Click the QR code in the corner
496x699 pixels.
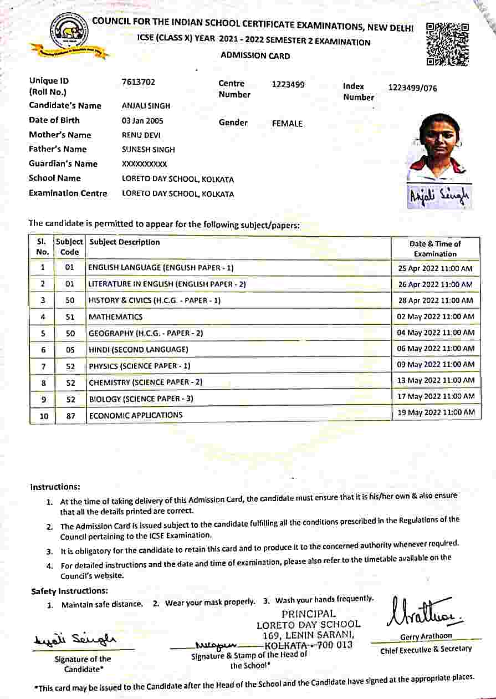click(447, 44)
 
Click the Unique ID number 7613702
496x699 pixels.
click(139, 83)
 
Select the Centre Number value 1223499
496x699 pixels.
click(288, 85)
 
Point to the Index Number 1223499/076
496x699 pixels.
click(412, 88)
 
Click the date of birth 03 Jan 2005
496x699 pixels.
click(142, 120)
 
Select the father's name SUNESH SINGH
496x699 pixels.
click(148, 149)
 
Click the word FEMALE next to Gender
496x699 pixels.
click(287, 124)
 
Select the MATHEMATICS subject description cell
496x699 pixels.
click(115, 317)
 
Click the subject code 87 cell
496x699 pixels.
click(70, 415)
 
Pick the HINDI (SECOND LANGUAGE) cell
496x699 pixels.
click(139, 350)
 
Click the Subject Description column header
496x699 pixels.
click(125, 242)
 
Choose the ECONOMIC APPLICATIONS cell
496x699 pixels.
click(136, 415)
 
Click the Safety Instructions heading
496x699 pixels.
click(69, 591)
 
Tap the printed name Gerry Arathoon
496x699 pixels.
click(426, 636)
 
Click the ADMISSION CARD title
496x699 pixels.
click(255, 55)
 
